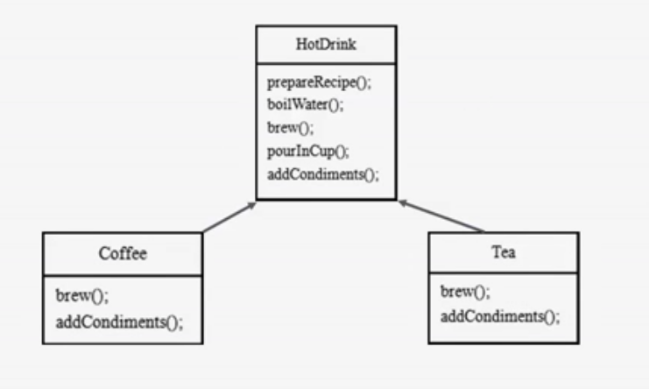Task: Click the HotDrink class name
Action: [326, 44]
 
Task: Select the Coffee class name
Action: [123, 254]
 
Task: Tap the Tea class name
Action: [504, 253]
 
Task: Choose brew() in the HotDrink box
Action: [287, 128]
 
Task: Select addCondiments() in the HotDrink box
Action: [322, 173]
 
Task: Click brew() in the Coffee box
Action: [76, 296]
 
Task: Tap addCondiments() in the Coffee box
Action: [119, 321]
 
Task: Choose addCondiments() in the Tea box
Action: [499, 315]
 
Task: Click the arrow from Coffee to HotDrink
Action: [229, 218]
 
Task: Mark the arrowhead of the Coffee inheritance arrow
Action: [253, 205]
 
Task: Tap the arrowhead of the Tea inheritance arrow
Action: [402, 202]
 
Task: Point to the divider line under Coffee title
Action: [123, 277]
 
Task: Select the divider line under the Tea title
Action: [504, 273]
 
